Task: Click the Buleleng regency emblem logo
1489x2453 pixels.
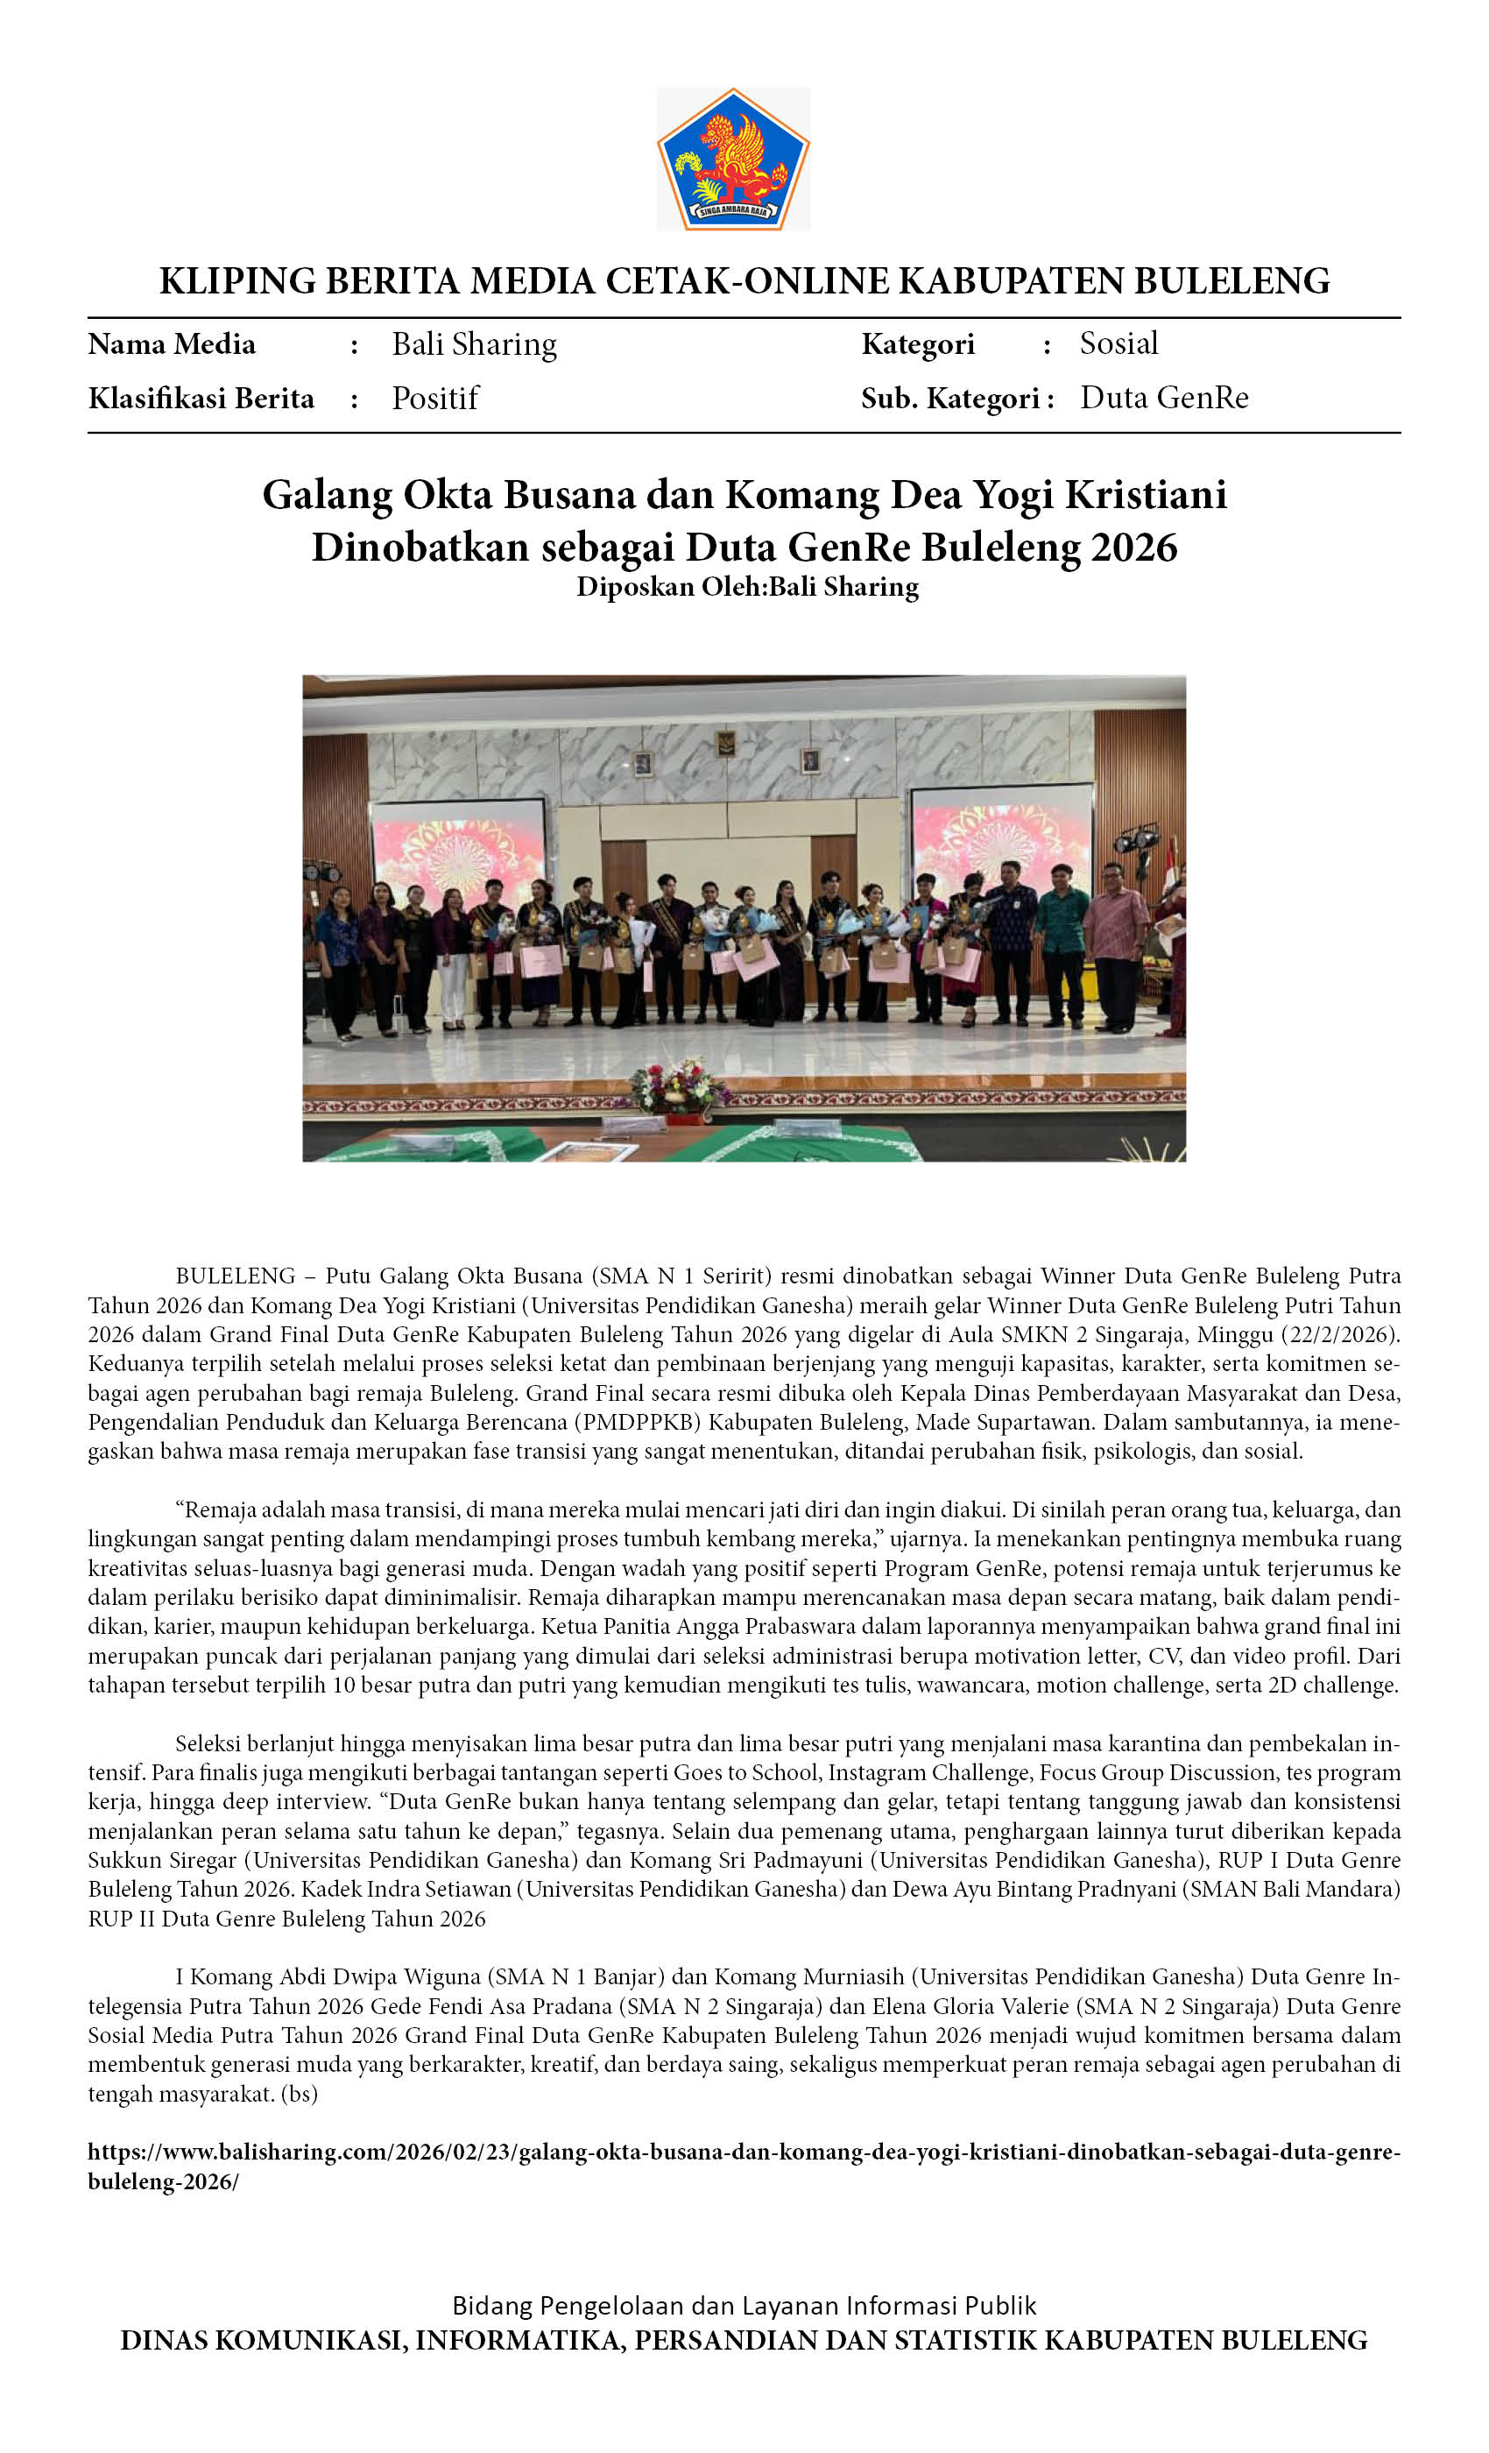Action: tap(734, 159)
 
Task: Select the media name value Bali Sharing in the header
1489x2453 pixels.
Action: tap(474, 344)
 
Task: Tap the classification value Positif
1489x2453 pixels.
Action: tap(435, 399)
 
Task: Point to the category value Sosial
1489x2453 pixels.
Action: tap(1119, 343)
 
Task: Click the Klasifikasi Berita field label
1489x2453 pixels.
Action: tap(201, 399)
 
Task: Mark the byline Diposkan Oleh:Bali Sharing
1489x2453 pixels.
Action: tap(747, 586)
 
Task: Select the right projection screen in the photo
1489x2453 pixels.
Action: tap(1001, 837)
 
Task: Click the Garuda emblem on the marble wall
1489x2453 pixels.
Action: tap(724, 744)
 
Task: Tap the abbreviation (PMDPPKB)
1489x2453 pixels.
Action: tap(642, 1422)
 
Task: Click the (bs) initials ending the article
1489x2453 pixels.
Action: tap(300, 2094)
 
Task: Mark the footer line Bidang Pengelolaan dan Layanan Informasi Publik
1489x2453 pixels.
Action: tap(744, 2306)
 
